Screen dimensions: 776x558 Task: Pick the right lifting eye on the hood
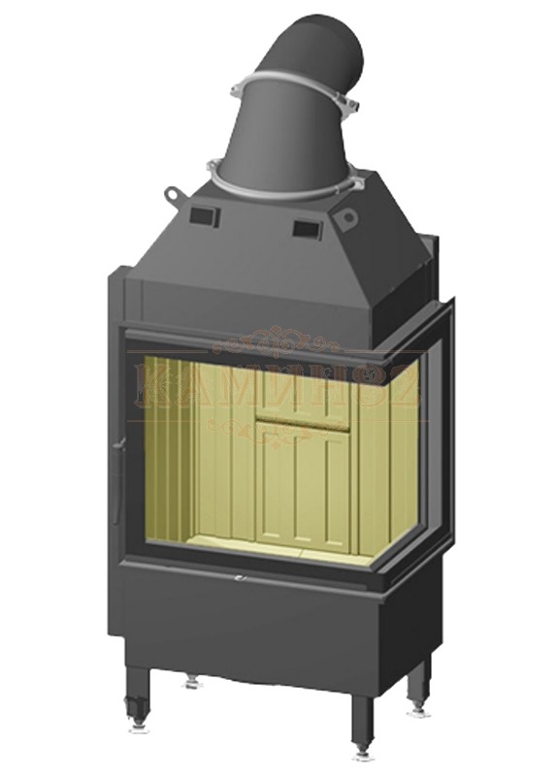click(x=346, y=218)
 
